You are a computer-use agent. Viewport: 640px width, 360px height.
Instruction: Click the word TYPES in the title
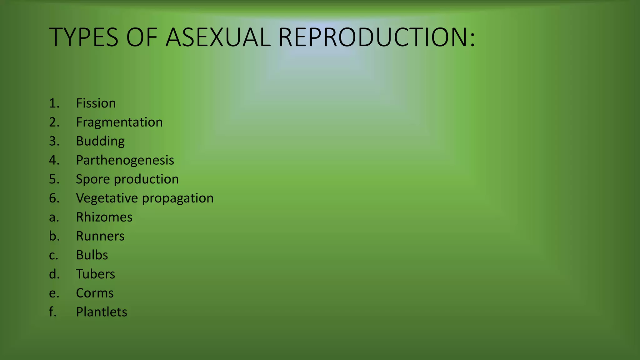coord(84,37)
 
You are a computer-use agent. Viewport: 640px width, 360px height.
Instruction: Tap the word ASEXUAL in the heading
coord(218,37)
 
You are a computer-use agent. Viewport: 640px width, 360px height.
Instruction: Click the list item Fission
coord(96,103)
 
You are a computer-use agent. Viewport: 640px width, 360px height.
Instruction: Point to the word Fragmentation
coord(119,122)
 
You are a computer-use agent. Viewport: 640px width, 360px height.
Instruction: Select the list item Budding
coord(100,141)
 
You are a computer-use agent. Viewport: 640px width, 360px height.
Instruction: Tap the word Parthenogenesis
coord(125,160)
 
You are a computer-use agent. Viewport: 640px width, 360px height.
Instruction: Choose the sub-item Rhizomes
coord(104,217)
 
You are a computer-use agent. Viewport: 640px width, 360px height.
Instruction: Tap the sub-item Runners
coord(100,236)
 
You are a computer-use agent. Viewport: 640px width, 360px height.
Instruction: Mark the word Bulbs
coord(92,255)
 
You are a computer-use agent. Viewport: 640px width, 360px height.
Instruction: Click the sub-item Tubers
coord(95,274)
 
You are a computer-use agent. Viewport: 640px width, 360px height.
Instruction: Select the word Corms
coord(95,293)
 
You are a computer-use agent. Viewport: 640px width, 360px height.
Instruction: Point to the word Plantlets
coord(101,312)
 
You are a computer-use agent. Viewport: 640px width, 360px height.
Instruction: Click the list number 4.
coord(54,160)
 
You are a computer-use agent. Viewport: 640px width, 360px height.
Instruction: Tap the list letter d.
coord(54,274)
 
